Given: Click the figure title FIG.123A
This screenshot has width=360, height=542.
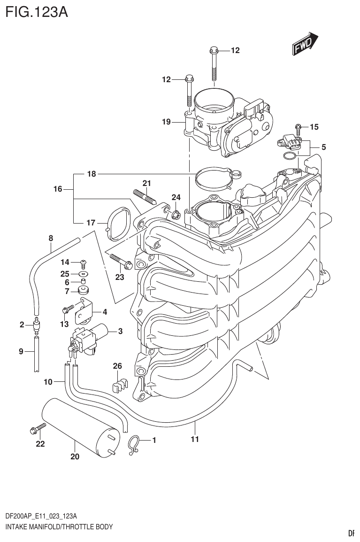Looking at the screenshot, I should (35, 12).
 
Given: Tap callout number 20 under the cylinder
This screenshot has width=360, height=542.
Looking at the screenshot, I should (75, 456).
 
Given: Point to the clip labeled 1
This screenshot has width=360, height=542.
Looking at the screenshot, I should (134, 443).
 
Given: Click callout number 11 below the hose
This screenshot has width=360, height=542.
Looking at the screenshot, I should (195, 439).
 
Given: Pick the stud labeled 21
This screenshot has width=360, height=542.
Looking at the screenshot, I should (144, 196).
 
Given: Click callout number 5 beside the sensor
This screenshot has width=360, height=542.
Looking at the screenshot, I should (323, 147).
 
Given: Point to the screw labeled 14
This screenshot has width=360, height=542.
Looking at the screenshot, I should (83, 262).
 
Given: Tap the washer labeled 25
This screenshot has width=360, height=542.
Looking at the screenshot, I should (84, 273).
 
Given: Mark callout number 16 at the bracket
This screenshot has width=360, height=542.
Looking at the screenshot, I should (57, 189).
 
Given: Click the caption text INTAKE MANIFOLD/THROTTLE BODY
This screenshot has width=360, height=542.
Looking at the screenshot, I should (59, 527).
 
